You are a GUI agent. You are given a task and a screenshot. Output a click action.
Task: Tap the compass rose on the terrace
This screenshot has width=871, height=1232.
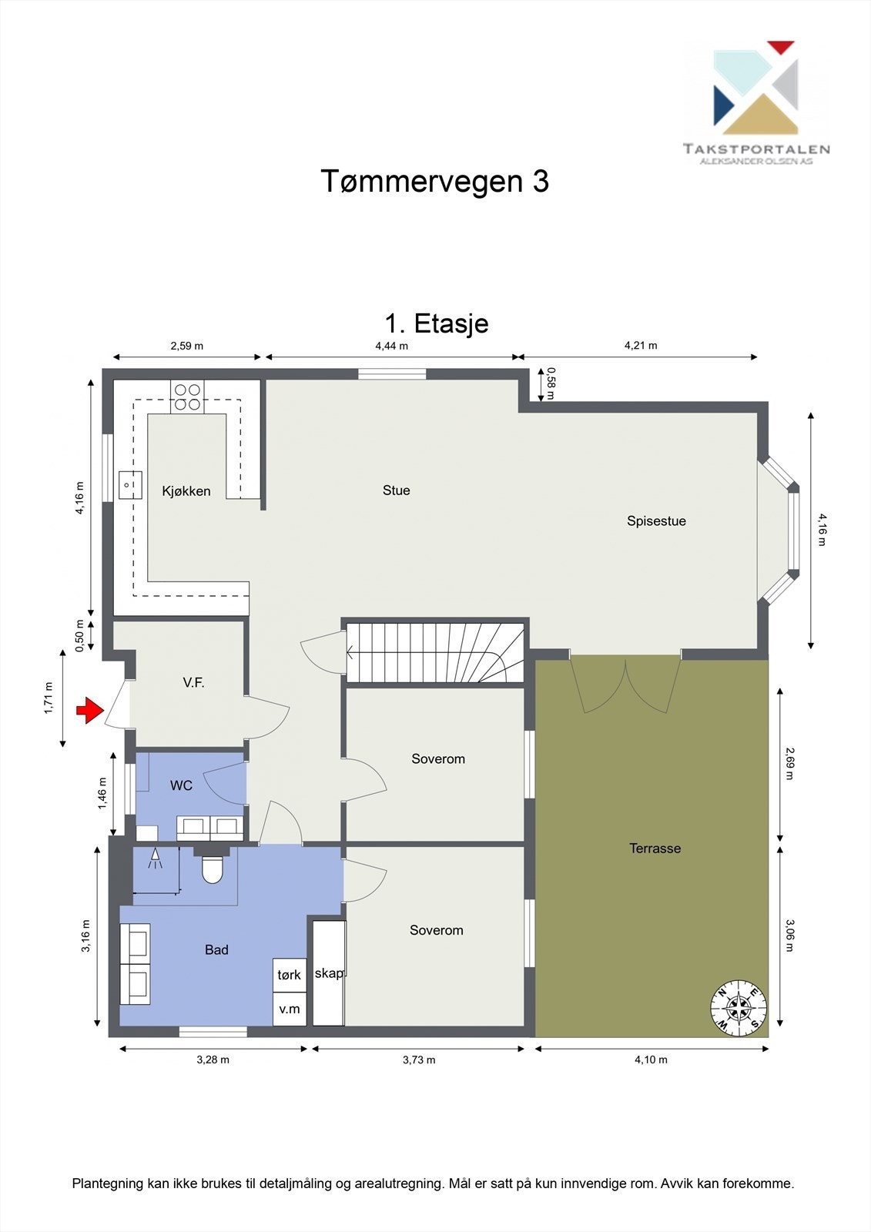click(x=739, y=1007)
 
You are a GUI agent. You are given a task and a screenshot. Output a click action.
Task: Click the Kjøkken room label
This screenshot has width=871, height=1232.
click(x=186, y=491)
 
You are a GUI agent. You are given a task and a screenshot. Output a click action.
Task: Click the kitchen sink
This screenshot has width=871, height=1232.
click(x=130, y=485)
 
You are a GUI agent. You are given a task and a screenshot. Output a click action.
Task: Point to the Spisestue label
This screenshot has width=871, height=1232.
click(x=655, y=521)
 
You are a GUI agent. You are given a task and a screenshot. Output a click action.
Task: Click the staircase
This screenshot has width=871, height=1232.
click(x=435, y=653)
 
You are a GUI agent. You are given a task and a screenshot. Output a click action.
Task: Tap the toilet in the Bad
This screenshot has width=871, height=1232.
click(x=211, y=869)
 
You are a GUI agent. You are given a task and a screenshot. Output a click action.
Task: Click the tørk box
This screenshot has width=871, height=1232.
click(x=290, y=975)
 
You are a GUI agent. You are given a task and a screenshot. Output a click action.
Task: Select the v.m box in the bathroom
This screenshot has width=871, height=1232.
click(x=290, y=1009)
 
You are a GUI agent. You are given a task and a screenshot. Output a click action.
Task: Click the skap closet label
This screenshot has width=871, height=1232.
click(x=329, y=973)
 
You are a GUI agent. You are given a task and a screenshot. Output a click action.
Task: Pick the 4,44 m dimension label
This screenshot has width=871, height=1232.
click(x=391, y=346)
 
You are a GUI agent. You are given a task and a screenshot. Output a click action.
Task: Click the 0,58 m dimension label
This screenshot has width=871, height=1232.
click(x=550, y=384)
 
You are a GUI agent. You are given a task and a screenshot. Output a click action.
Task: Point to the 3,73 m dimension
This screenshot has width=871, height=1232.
click(x=418, y=1060)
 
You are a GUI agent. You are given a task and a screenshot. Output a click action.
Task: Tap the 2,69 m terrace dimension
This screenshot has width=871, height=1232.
click(x=788, y=762)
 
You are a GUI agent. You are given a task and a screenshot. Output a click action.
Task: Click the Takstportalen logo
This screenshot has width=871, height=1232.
click(x=755, y=100)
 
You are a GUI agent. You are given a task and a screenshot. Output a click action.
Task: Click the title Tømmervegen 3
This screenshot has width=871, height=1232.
click(x=434, y=182)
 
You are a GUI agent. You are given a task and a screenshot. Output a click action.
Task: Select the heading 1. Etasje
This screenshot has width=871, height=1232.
click(x=436, y=323)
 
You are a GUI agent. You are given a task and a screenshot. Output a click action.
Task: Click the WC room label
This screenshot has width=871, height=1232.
click(x=181, y=785)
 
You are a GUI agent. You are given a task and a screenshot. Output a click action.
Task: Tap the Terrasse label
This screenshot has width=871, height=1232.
click(x=655, y=849)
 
